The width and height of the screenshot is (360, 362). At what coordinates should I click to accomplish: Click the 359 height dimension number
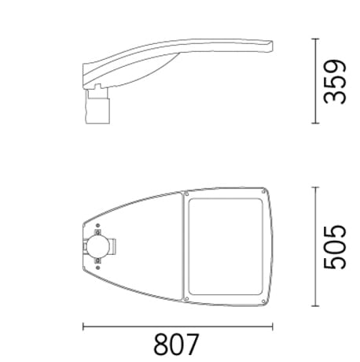click(336, 81)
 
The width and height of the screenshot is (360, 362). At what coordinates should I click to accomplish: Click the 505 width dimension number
click(336, 246)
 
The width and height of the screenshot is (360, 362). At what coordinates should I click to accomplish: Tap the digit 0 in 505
click(336, 246)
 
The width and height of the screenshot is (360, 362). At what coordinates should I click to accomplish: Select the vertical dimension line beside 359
click(314, 81)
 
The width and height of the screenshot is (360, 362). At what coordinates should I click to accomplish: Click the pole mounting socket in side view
click(97, 105)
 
